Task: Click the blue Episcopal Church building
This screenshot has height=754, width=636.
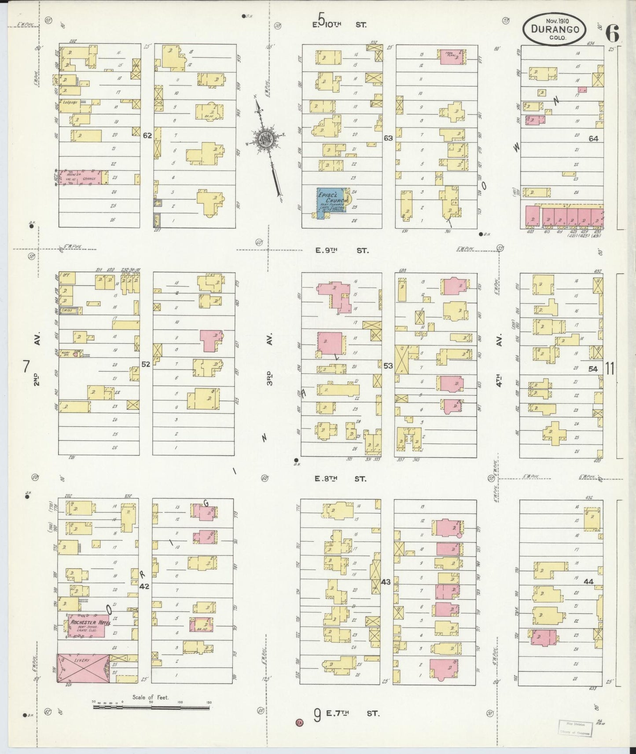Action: click(331, 201)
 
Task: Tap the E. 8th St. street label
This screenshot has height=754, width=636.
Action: click(340, 479)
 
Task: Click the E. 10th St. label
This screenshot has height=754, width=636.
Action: click(339, 25)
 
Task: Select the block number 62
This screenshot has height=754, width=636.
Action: click(147, 135)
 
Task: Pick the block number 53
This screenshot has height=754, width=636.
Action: click(388, 366)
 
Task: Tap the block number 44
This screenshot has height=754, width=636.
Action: click(588, 581)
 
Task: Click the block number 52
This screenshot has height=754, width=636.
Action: click(146, 364)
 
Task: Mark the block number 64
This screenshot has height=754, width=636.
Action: click(593, 138)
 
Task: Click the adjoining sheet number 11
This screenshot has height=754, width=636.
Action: click(609, 368)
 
